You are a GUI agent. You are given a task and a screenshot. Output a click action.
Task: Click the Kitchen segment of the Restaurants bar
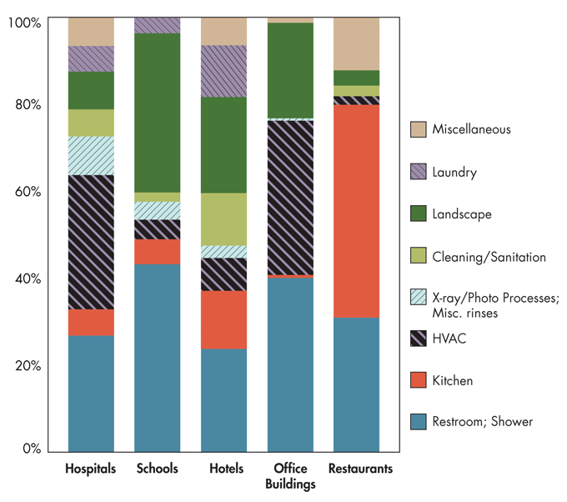click(356, 211)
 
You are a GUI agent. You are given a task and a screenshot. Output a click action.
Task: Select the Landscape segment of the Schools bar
click(158, 113)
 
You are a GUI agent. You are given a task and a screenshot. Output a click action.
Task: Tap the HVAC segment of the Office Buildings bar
click(290, 198)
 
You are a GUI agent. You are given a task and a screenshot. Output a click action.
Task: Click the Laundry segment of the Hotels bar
click(223, 71)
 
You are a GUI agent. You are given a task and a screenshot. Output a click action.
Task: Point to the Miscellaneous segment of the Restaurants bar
click(356, 43)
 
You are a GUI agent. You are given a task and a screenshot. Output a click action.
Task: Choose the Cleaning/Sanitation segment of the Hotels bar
click(223, 219)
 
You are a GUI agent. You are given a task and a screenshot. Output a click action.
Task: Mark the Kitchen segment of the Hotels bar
click(223, 319)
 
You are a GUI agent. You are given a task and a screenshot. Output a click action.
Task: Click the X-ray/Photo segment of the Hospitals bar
click(91, 155)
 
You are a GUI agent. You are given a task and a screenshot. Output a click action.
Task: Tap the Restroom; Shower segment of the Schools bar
click(158, 358)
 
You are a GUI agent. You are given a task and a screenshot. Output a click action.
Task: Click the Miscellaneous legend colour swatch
click(417, 129)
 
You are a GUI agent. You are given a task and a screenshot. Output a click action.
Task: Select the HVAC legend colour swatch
click(417, 339)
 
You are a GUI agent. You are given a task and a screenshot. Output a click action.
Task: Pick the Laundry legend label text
click(455, 172)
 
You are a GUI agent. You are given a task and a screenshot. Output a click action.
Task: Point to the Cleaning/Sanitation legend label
click(489, 257)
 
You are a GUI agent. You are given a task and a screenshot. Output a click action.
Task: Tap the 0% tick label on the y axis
click(30, 449)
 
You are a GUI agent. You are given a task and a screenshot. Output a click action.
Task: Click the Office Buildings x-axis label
click(290, 476)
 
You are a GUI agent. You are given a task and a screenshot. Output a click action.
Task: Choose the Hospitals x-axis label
click(90, 469)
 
